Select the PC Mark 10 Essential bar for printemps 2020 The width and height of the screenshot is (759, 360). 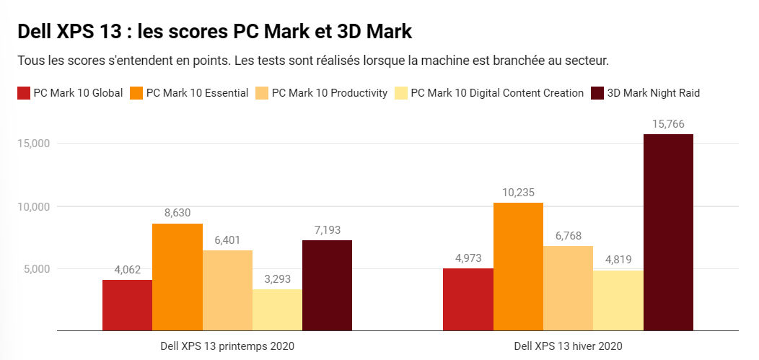pos(177,277)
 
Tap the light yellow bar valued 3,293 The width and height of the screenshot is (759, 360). pos(277,310)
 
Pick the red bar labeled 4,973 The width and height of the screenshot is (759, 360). pos(468,299)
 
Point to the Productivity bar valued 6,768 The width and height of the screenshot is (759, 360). pos(568,289)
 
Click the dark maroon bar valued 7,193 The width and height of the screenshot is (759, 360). pos(327,286)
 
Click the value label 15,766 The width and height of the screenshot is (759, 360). pos(668,124)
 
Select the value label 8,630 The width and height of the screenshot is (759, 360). pos(177,214)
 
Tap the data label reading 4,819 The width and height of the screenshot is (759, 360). pos(618,260)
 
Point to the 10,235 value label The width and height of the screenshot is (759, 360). pos(518,193)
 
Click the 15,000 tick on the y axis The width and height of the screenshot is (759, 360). pos(32,144)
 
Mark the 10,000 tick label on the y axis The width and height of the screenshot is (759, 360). pos(32,206)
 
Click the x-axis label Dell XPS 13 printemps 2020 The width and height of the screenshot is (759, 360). pos(227,346)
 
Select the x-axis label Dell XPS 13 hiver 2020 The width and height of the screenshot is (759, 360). pos(568,346)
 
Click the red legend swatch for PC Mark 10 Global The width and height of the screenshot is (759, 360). pos(23,93)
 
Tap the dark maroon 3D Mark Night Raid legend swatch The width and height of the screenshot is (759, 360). pos(597,93)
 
